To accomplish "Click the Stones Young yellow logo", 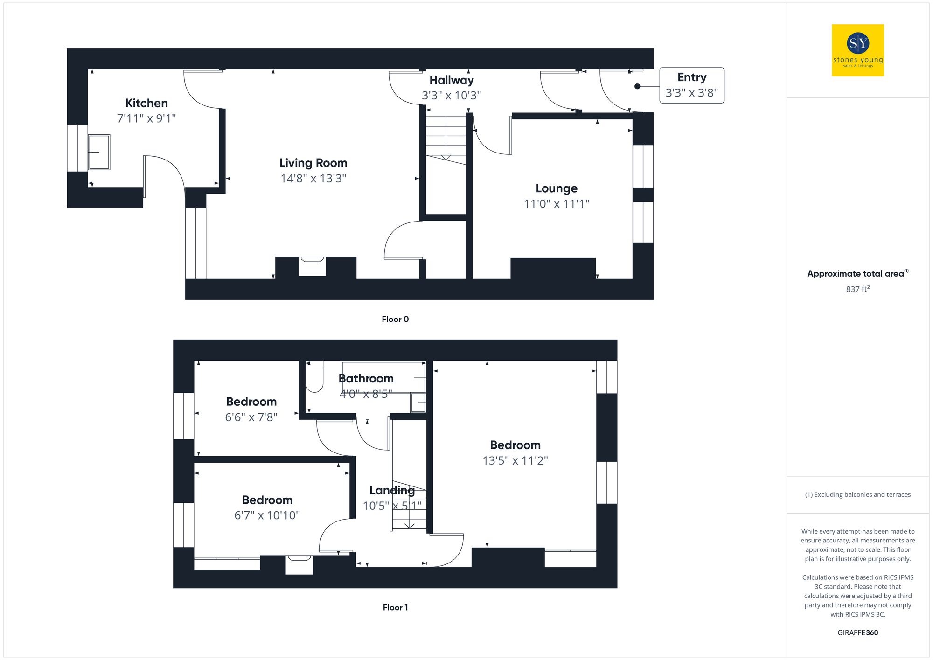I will (x=857, y=50).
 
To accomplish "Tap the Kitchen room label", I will (x=146, y=103).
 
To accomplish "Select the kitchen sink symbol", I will (x=99, y=152).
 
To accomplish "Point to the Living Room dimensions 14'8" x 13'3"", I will (x=313, y=179).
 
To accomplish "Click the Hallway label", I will (x=451, y=80).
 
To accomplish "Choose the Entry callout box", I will (x=691, y=85).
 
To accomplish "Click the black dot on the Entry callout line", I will (x=637, y=86).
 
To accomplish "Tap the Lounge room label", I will (x=556, y=188).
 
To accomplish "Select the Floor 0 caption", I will (x=395, y=320).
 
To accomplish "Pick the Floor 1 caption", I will (x=395, y=607).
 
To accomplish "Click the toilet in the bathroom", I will (x=314, y=377).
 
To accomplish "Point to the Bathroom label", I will (x=366, y=378).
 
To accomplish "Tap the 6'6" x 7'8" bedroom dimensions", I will (x=251, y=417).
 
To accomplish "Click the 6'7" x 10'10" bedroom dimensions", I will (x=267, y=515).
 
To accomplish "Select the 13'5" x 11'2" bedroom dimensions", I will (x=515, y=461).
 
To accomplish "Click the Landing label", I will (x=392, y=490).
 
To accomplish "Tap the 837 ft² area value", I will (x=857, y=289).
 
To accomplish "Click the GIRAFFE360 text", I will (x=857, y=633).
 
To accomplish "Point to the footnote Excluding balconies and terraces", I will (x=857, y=495).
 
